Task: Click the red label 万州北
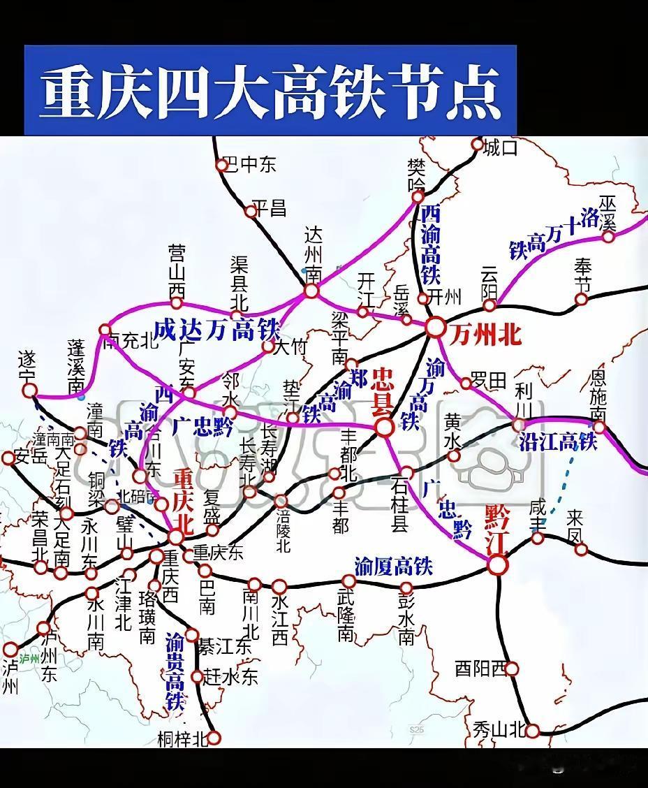coord(486,335)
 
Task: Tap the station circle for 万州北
coord(436,326)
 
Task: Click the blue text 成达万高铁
coord(216,329)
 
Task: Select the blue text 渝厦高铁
coord(393,565)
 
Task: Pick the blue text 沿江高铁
coord(558,441)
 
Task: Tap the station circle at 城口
coord(478,145)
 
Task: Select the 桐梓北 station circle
coord(214,738)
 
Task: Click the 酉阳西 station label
coord(480,669)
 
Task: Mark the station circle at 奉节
coord(581,300)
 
